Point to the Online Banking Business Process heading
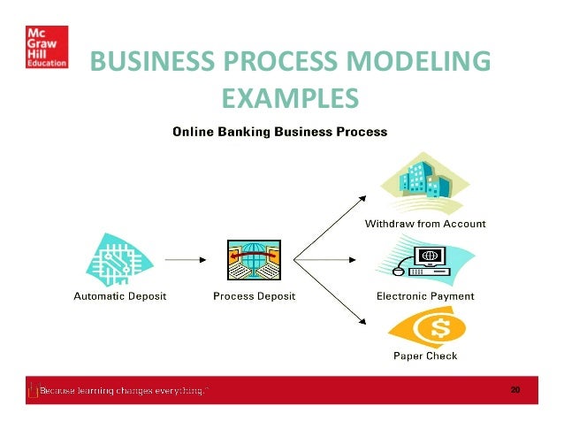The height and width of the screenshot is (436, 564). (279, 133)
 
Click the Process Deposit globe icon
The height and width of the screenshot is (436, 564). (255, 259)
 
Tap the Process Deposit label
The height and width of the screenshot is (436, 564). (255, 296)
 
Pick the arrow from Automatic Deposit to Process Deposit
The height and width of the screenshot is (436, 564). (185, 260)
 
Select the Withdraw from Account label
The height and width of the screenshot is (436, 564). (425, 224)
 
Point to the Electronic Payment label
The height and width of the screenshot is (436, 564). (425, 296)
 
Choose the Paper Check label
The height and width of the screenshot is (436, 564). (425, 356)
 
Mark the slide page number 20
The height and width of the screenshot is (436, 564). (514, 389)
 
